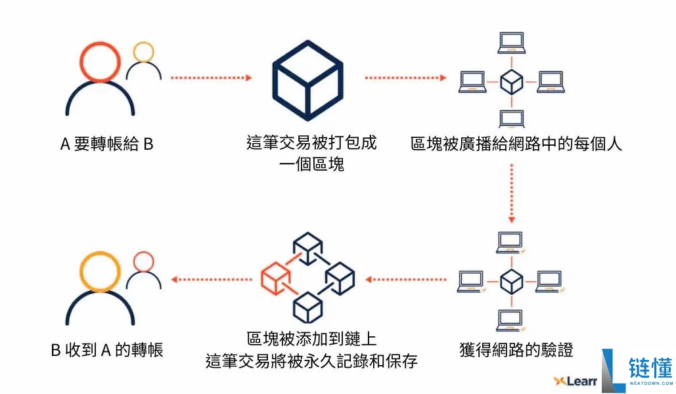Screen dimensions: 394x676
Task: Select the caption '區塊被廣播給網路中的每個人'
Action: pos(516,144)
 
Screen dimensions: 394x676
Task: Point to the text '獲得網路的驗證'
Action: pos(516,349)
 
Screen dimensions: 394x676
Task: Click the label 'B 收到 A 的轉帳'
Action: pos(106,350)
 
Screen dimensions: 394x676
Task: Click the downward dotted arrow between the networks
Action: pos(511,194)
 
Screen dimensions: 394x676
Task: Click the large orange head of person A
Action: pos(99,62)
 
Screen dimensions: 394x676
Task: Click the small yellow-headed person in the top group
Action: pos(143,62)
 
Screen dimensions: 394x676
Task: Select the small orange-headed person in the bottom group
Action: pos(143,272)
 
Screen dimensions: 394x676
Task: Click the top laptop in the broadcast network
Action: pos(511,43)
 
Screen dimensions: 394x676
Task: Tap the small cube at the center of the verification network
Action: pos(511,282)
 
